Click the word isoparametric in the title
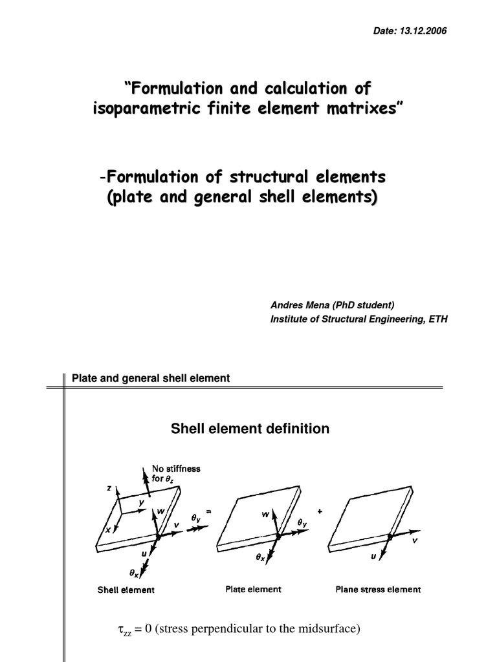[x=143, y=109]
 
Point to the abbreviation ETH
[x=437, y=319]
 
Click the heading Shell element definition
[x=249, y=429]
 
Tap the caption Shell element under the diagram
[x=126, y=590]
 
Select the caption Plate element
[x=253, y=589]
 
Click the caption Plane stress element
[x=378, y=589]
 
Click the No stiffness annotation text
[x=176, y=469]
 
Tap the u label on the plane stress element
[x=373, y=555]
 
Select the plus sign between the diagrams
[x=320, y=511]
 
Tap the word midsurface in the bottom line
[x=327, y=628]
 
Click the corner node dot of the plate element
[x=278, y=536]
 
